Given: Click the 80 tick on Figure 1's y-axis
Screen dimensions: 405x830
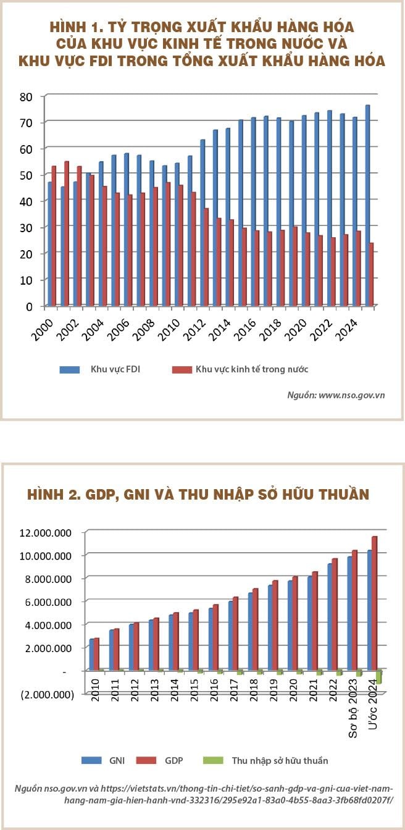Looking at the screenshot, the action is tap(26, 97).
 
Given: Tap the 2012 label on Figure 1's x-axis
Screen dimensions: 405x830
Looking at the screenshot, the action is tap(195, 330).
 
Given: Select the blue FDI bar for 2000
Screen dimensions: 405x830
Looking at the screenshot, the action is tap(49, 243).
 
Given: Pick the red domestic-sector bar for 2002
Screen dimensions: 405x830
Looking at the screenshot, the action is tap(79, 236).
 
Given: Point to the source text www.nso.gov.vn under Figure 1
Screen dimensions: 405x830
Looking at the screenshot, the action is tap(352, 395).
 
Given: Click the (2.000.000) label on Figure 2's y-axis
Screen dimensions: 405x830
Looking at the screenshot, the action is tap(48, 694).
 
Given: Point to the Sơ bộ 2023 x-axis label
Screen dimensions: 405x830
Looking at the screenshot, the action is tap(353, 708).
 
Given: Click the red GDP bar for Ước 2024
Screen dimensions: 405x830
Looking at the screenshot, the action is tap(374, 603).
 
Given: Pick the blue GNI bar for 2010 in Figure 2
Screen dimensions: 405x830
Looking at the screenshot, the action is tap(91, 655).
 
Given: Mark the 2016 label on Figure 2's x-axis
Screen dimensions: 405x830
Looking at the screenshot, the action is tap(214, 690).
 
